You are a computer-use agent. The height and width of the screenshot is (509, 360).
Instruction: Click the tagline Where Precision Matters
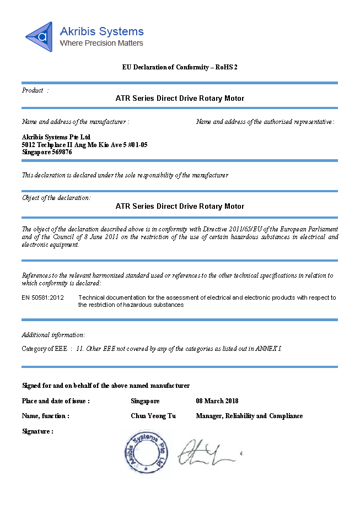101,43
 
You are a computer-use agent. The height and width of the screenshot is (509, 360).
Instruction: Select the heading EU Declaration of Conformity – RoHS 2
180,67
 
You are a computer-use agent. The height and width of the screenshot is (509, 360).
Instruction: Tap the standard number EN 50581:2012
43,297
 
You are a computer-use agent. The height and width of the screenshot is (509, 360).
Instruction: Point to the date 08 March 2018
217,401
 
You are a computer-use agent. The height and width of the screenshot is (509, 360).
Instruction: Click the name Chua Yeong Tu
153,416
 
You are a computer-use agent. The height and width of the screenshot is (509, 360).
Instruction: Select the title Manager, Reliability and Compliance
249,416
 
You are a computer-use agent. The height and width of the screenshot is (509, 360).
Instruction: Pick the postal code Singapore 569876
47,152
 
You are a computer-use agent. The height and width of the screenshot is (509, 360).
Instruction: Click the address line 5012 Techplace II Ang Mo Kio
84,144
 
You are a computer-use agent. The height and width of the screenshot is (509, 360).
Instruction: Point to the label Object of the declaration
56,198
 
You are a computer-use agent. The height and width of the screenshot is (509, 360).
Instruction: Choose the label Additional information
53,335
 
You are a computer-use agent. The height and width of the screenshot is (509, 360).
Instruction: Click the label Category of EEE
45,349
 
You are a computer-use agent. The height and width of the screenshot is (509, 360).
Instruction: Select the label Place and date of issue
56,401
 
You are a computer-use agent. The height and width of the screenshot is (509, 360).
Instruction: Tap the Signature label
37,431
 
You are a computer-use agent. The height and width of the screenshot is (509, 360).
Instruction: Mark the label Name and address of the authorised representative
265,122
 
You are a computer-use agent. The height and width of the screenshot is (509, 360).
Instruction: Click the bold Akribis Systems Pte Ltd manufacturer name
56,137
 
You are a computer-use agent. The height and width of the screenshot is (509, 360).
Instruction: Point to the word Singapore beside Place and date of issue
146,401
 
